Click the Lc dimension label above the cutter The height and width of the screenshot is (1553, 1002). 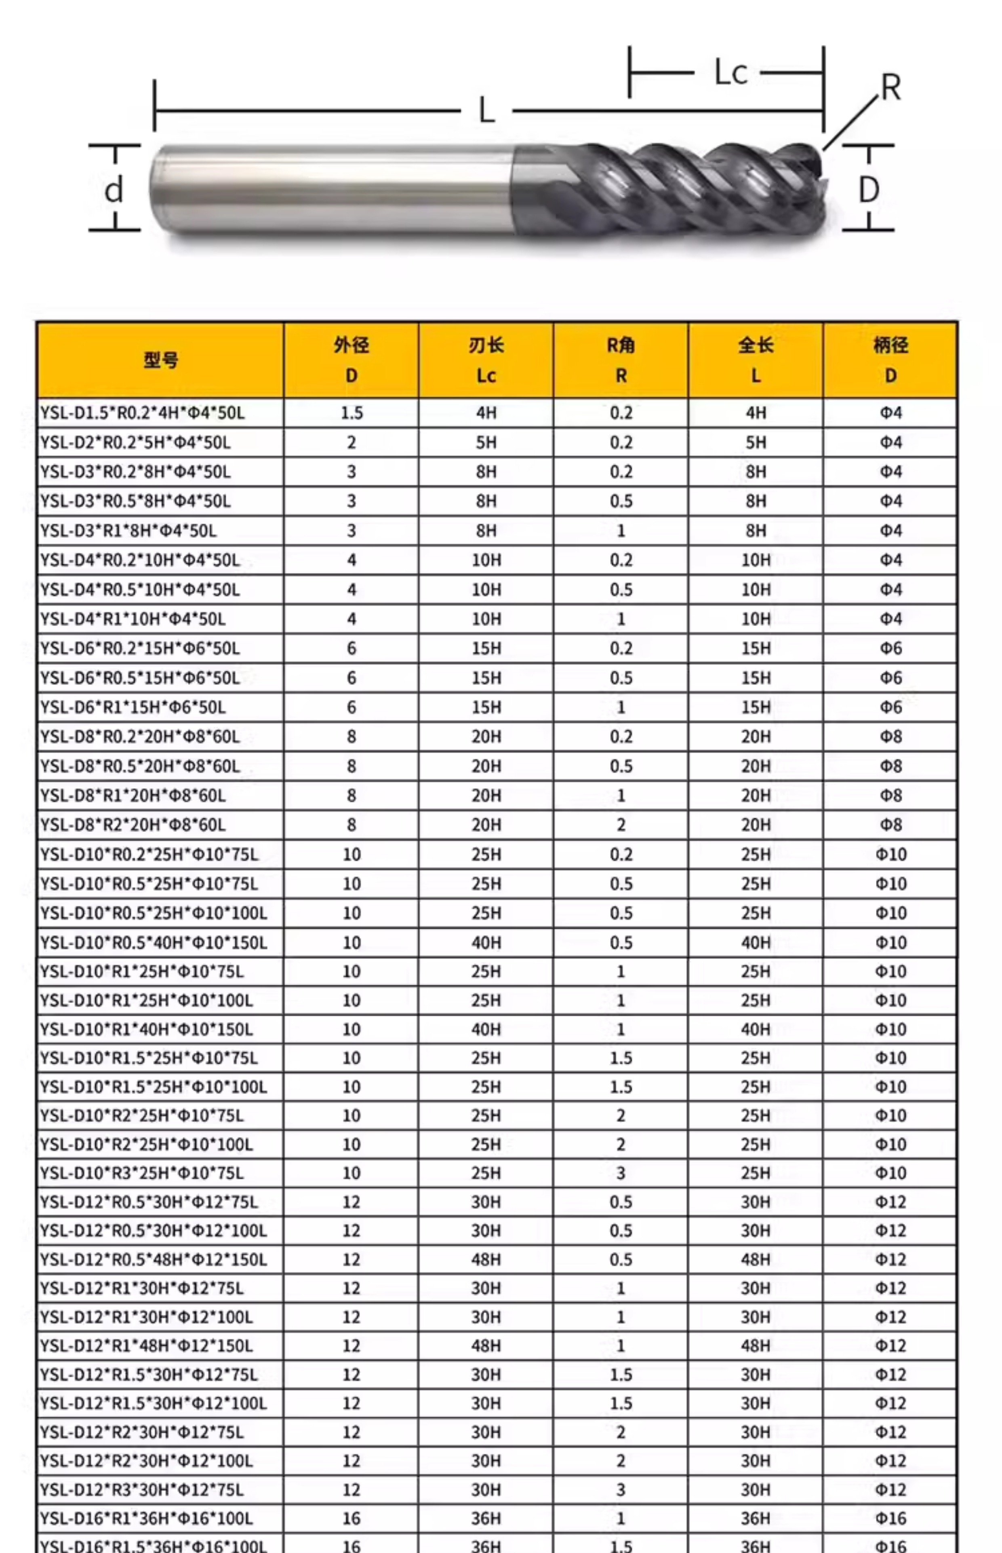click(x=730, y=72)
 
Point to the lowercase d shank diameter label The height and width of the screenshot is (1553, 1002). click(x=114, y=190)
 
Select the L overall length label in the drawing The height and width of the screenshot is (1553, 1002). click(x=487, y=111)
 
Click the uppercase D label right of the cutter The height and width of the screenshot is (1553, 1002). click(x=869, y=190)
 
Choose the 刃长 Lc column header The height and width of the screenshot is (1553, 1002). click(x=486, y=360)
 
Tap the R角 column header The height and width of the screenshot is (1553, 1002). click(x=621, y=360)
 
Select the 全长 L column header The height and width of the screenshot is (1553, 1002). click(x=756, y=360)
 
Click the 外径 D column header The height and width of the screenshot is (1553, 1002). click(x=352, y=360)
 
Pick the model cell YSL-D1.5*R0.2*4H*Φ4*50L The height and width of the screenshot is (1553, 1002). click(x=143, y=413)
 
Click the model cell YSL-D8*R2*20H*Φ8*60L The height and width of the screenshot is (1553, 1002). click(x=133, y=825)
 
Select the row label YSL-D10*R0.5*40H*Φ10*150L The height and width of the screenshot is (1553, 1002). click(x=154, y=942)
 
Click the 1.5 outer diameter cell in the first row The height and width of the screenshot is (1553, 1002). click(x=352, y=413)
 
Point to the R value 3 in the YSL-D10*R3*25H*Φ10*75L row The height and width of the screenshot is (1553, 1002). click(x=621, y=1173)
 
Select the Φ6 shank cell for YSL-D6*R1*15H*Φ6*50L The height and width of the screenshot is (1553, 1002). click(x=891, y=707)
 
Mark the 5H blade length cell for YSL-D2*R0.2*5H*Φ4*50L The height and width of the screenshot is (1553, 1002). click(x=486, y=442)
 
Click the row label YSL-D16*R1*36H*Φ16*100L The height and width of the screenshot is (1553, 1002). click(x=146, y=1519)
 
